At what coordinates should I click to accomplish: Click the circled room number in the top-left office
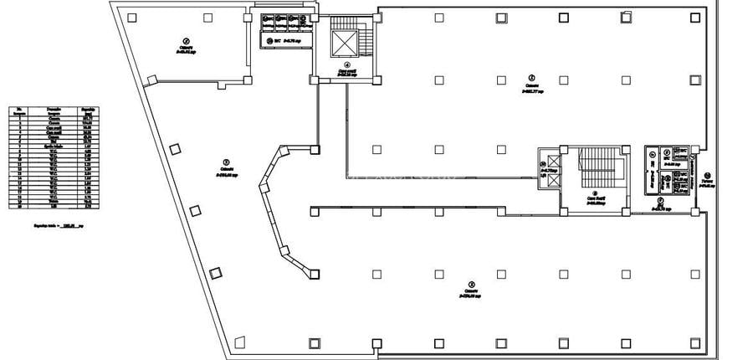point(187,40)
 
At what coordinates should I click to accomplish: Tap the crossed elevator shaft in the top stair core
point(344,43)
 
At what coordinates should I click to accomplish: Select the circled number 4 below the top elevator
point(344,64)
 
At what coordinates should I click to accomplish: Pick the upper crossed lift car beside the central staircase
point(543,162)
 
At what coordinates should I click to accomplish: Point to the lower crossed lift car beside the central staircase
point(543,186)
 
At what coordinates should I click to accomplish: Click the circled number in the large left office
point(225,162)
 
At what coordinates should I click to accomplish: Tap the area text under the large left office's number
point(226,175)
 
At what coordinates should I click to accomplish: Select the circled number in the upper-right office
point(530,77)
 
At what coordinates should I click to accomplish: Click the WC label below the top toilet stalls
point(280,39)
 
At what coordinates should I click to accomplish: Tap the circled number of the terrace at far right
point(707,175)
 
